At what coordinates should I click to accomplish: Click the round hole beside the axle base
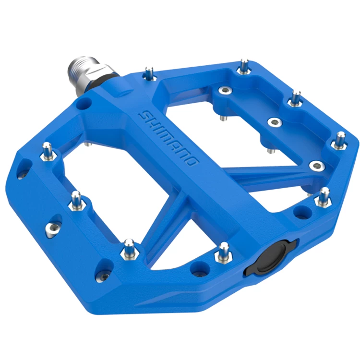[x=85, y=104]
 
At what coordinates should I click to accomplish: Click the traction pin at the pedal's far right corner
[x=340, y=139]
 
